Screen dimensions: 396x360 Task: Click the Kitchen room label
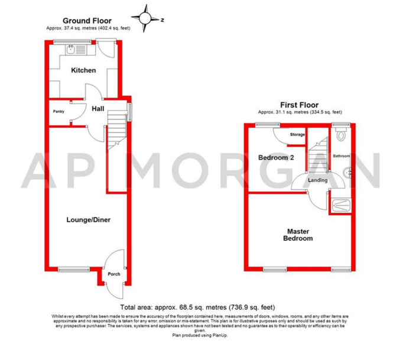(x=83, y=70)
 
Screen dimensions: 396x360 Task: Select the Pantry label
(x=59, y=111)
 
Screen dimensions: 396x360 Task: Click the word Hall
(x=98, y=109)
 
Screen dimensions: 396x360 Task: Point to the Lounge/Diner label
(x=89, y=220)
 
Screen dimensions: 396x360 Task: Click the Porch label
(x=114, y=274)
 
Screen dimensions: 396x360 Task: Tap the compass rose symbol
(x=146, y=18)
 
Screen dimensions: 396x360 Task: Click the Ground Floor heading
(x=87, y=21)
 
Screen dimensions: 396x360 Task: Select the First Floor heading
(x=299, y=105)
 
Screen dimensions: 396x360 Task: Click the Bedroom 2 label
(x=276, y=158)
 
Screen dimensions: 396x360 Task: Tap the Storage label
(x=297, y=134)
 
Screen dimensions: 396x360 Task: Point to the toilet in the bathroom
(x=341, y=134)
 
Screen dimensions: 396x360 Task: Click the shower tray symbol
(x=341, y=205)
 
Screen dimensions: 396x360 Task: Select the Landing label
(x=318, y=180)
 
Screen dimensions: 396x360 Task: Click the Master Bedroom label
(x=298, y=235)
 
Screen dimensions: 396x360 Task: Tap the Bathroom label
(x=341, y=156)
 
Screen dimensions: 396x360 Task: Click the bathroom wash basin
(x=348, y=173)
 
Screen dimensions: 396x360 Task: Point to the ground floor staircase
(x=117, y=131)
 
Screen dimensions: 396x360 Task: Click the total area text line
(x=197, y=307)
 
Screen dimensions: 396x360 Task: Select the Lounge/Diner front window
(x=74, y=270)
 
